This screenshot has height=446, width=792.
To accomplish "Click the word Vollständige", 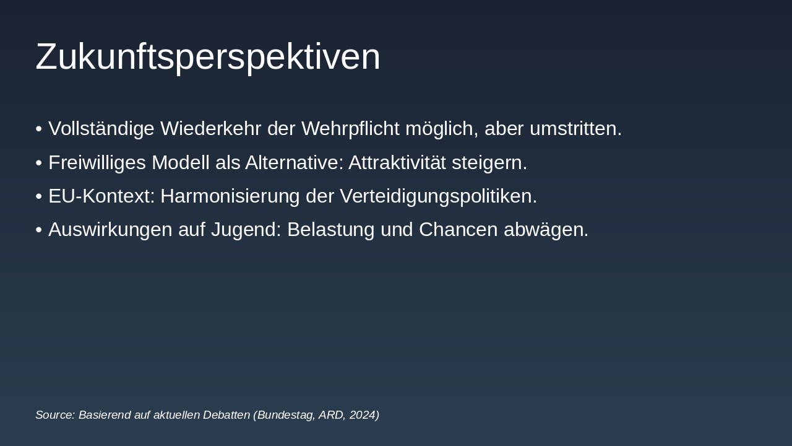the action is tap(101, 128).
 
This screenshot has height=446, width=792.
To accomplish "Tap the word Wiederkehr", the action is tap(211, 128).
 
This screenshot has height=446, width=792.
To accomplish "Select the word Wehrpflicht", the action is tap(350, 128).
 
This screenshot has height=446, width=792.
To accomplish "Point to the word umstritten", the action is tap(575, 128).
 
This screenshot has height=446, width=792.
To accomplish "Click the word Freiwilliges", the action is tap(97, 163).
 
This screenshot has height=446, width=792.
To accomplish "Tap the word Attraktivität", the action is tap(397, 162).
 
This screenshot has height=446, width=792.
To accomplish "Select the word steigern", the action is tap(489, 163).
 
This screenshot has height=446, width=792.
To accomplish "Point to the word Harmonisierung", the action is tap(230, 196).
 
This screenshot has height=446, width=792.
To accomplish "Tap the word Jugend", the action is tap(246, 230).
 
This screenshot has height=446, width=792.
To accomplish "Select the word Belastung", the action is tap(331, 230).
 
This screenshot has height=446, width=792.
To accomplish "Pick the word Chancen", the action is tap(458, 229).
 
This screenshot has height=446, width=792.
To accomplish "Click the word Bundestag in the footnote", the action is tap(286, 415).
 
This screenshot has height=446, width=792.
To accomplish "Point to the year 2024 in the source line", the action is tap(363, 415).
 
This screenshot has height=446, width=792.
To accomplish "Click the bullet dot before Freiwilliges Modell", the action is tap(39, 163).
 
